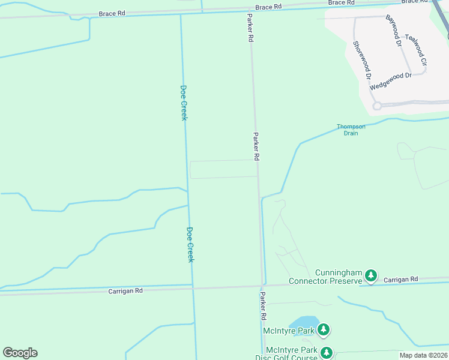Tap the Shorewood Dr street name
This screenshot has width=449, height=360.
point(362,61)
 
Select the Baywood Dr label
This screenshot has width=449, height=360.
point(393,31)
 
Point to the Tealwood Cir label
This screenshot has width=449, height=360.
point(415,50)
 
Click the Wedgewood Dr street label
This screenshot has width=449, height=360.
point(391,81)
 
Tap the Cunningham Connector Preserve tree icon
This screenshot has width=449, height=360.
point(372,275)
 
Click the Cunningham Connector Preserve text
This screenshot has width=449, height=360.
point(326,277)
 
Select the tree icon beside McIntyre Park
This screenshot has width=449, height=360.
point(324,329)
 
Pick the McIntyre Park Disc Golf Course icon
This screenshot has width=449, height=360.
point(326,353)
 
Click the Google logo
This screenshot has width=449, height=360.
point(20,353)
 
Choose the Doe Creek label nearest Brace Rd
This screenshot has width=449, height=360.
point(184,102)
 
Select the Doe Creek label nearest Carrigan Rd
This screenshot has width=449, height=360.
point(190,244)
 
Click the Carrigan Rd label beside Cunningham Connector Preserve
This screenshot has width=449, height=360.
point(400,280)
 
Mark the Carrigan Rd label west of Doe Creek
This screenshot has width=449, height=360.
point(125,290)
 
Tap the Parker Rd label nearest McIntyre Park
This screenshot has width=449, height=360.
point(263,305)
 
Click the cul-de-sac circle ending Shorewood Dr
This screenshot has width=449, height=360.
point(377,106)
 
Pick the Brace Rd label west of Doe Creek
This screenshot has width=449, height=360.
point(113,12)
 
